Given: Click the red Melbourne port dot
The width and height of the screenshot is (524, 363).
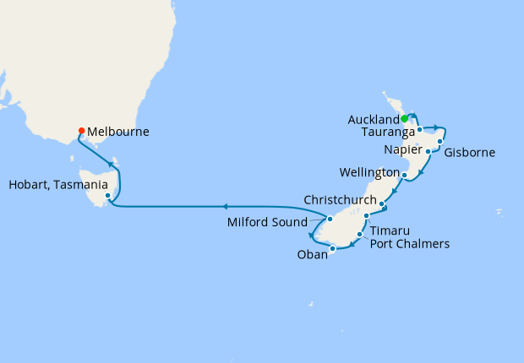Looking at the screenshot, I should point(81,131).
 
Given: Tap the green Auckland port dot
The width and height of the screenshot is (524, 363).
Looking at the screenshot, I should point(405,118).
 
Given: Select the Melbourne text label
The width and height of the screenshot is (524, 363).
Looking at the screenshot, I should point(117,133).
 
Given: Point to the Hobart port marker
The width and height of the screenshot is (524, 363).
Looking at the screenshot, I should point(108,198).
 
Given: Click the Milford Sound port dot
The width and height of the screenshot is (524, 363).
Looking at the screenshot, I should point(330,219).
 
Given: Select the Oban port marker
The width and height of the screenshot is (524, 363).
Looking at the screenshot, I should point(333,248).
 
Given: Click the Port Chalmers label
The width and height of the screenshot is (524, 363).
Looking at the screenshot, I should point(410,245).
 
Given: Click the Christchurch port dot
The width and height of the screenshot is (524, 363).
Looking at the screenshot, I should point(383,204).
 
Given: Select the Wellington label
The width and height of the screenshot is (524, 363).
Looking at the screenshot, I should point(369,173).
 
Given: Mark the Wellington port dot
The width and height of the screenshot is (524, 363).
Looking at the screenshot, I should point(406,176).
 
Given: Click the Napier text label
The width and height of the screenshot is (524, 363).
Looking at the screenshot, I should point(402,149).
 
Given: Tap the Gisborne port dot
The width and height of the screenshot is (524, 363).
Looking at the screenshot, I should point(440,141).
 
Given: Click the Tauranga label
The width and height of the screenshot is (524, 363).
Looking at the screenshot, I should point(386,133).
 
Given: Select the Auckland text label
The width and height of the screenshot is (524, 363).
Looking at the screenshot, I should point(374,120).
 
